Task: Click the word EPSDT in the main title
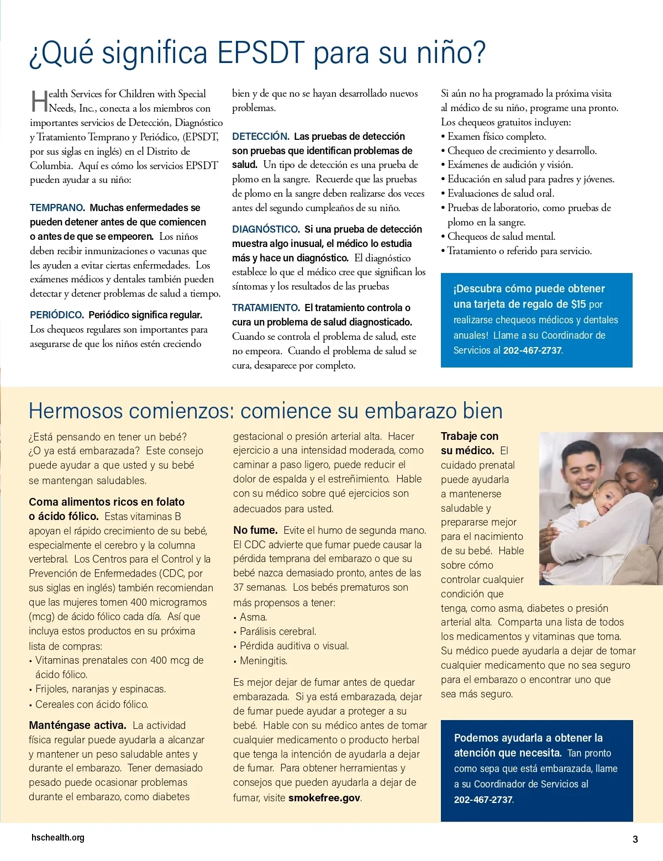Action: [x=260, y=53]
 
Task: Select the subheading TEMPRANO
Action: [x=57, y=208]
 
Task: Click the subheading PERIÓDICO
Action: [x=56, y=315]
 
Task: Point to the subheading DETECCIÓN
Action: [x=260, y=136]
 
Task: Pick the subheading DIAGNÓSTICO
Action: [x=265, y=229]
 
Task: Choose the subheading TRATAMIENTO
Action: [x=266, y=308]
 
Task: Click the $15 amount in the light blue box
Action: [x=578, y=304]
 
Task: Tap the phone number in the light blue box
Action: [x=532, y=350]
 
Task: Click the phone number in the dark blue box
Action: [x=483, y=800]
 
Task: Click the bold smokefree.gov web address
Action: [x=324, y=798]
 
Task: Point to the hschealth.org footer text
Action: [x=58, y=838]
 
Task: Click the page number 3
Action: [x=635, y=839]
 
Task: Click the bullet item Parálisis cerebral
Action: [x=278, y=632]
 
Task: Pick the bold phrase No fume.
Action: [x=255, y=531]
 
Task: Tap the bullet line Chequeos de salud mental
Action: [x=501, y=237]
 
